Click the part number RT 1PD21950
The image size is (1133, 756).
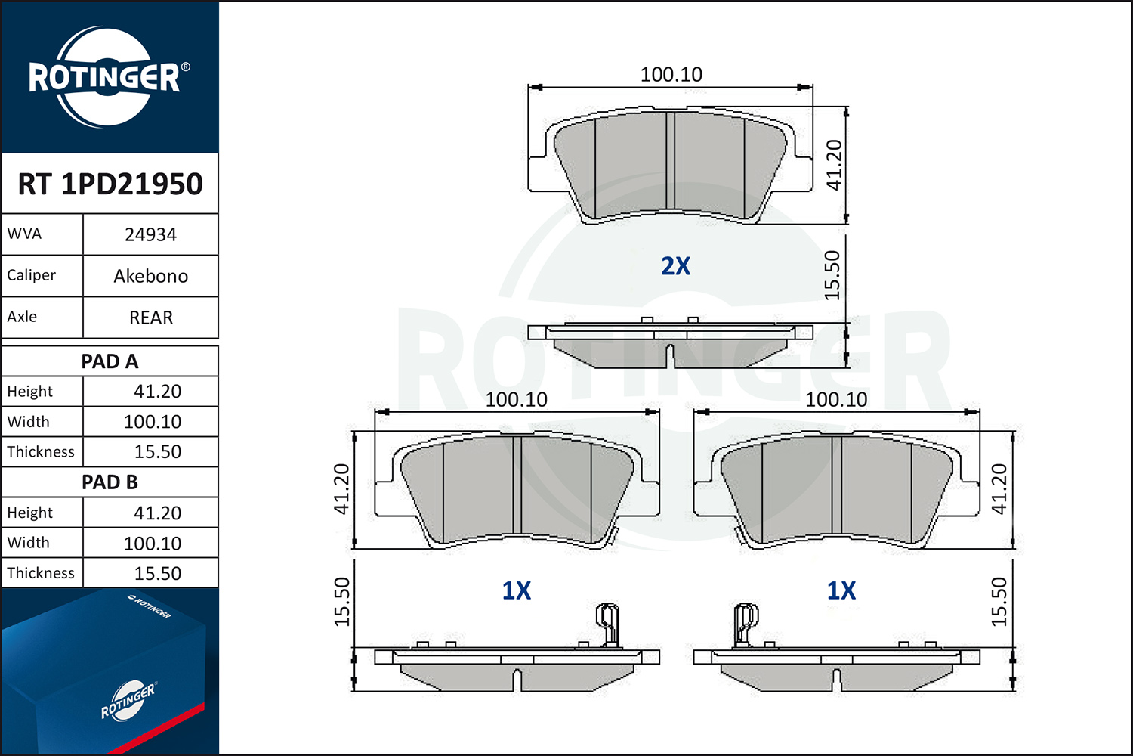pyautogui.click(x=110, y=184)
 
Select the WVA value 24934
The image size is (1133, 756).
pyautogui.click(x=151, y=234)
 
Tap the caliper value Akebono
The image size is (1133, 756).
pyautogui.click(x=151, y=276)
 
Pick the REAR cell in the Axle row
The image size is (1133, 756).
pyautogui.click(x=151, y=318)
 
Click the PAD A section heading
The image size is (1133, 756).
pyautogui.click(x=110, y=361)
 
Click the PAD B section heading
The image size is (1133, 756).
pyautogui.click(x=110, y=482)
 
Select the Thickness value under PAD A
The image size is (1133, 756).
pyautogui.click(x=157, y=451)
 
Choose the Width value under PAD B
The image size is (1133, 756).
pyautogui.click(x=153, y=544)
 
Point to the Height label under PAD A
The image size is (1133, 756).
pyautogui.click(x=30, y=392)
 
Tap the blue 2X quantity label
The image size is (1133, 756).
pyautogui.click(x=676, y=266)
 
